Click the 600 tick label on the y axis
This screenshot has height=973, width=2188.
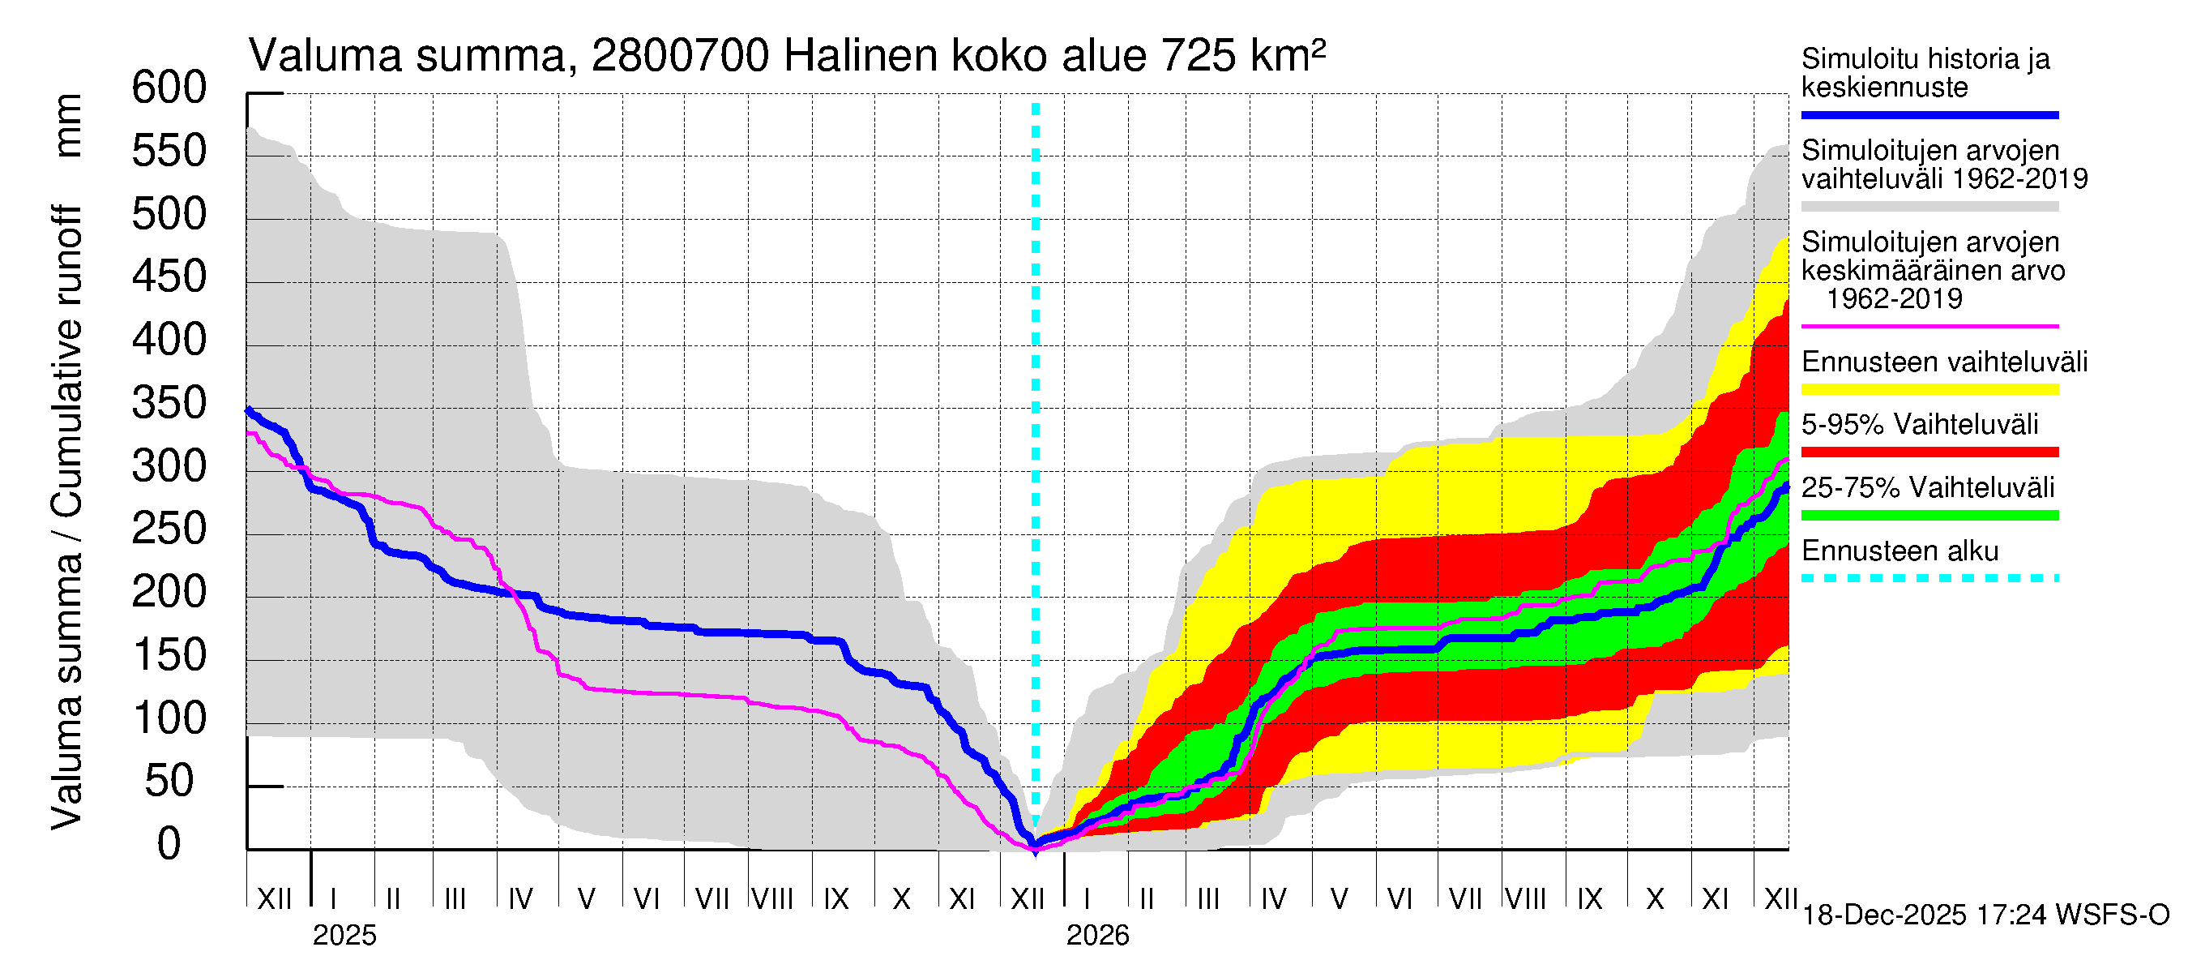[x=169, y=88]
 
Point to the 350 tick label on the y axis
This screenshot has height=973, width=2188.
[x=169, y=404]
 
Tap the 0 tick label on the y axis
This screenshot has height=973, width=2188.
[x=169, y=844]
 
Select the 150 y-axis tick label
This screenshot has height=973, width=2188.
[x=169, y=656]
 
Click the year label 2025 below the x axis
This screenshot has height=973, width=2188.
[x=344, y=936]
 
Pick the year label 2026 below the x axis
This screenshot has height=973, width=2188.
[x=1097, y=936]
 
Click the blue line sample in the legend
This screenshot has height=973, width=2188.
[x=1929, y=114]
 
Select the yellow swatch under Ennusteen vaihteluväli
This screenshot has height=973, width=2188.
[x=1929, y=390]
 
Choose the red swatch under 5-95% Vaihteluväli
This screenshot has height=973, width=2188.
[x=1929, y=452]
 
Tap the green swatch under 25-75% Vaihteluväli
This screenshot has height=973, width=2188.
[x=1929, y=515]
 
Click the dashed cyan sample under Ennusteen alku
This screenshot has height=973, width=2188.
[x=1929, y=578]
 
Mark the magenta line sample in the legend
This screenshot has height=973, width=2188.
[x=1929, y=326]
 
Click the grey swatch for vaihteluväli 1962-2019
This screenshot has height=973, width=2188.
[x=1929, y=207]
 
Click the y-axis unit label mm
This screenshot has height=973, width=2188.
[x=68, y=126]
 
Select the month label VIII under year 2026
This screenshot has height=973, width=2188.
[x=1525, y=899]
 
